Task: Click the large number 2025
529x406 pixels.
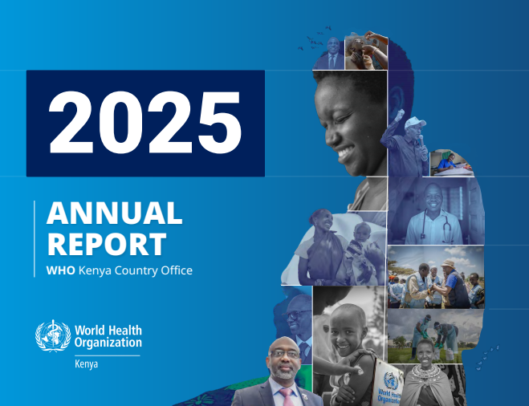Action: tap(145, 122)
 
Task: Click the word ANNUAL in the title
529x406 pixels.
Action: tap(114, 213)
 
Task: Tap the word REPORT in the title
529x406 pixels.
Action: tap(107, 244)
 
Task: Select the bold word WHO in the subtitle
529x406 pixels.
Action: tap(61, 270)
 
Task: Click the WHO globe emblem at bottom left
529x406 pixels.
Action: tap(53, 336)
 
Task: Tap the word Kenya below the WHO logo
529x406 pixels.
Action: tap(87, 364)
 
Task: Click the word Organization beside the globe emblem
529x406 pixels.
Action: tap(108, 343)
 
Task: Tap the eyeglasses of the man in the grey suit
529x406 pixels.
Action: tap(284, 354)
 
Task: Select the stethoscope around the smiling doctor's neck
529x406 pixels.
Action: tap(435, 225)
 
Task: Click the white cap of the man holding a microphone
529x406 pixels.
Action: tap(415, 122)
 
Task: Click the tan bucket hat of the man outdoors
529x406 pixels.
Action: tap(447, 263)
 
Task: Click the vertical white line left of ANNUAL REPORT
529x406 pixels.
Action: tap(35, 239)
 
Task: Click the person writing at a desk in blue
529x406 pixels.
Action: tap(446, 162)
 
